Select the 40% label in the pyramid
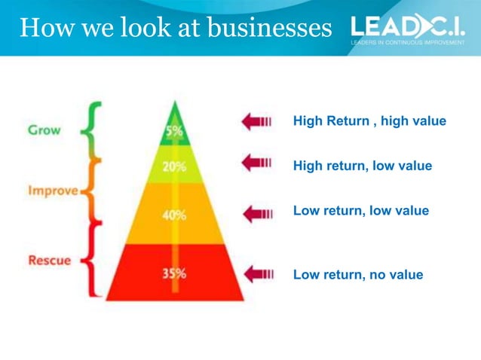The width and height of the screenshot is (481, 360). click(174, 215)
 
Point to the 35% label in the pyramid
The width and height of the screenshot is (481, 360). click(174, 273)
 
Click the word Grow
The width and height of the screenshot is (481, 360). click(44, 129)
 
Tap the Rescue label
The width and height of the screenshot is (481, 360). click(49, 261)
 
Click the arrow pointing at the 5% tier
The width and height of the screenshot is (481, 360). click(256, 121)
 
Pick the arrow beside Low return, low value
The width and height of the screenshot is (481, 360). click(256, 214)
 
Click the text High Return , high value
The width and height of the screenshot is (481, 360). click(369, 121)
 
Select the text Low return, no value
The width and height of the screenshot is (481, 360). click(358, 275)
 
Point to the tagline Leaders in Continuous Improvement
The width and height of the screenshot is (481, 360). click(407, 43)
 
